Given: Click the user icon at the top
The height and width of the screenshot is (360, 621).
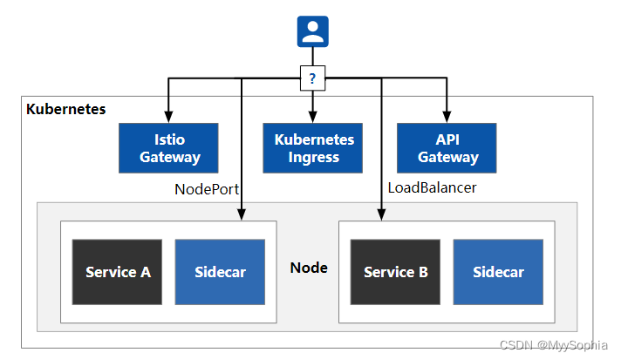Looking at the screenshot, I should (x=312, y=31).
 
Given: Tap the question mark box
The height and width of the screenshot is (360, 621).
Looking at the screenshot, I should (x=312, y=79).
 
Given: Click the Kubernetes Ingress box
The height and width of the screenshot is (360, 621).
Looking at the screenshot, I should (x=314, y=148).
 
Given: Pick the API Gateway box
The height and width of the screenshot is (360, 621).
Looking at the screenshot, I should (x=447, y=148).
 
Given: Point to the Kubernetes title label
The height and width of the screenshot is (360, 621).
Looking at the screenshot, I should (x=66, y=110).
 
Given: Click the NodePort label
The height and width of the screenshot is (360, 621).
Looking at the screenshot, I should (x=207, y=188).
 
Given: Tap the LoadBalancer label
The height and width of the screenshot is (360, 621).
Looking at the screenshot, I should (x=432, y=188).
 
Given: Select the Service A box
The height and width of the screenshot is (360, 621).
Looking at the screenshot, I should (x=118, y=272).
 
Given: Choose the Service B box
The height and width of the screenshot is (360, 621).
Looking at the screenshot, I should (x=395, y=272).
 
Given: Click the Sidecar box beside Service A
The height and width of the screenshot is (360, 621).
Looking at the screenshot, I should (x=220, y=272).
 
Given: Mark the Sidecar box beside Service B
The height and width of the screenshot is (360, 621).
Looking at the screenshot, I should (x=498, y=272).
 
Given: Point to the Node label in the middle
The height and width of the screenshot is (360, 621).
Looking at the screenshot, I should (x=309, y=268).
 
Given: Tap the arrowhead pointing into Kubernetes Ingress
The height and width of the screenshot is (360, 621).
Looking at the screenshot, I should (x=312, y=118).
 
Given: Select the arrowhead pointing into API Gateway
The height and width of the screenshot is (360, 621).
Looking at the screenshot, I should (x=447, y=118).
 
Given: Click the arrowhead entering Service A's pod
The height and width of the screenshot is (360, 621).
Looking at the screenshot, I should (x=242, y=215).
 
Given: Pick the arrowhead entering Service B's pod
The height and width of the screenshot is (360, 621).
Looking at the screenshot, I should (x=381, y=215).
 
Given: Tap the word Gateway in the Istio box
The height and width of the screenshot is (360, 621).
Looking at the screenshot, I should (x=169, y=158).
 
